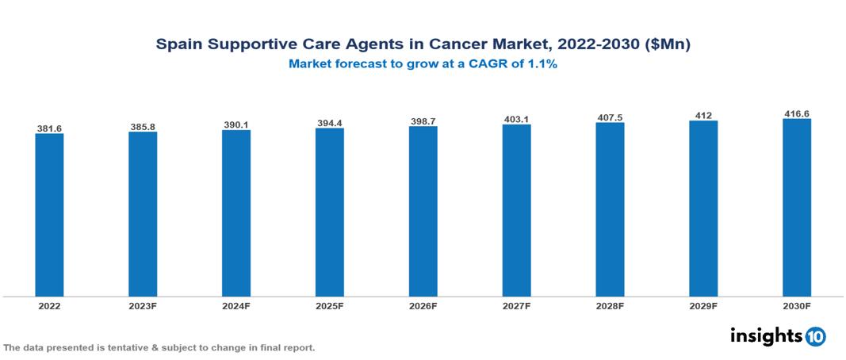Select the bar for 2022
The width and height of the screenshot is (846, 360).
point(49,214)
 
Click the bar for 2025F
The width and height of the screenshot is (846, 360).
point(330,212)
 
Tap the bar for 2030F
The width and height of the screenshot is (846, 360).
point(797,208)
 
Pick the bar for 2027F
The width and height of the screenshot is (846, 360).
point(516,210)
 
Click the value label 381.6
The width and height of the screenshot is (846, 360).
point(49,128)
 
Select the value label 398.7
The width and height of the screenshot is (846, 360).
point(423,121)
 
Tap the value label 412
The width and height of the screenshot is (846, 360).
point(703,115)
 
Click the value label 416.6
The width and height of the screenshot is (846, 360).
point(797,113)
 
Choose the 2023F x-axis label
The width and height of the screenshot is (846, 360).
point(143,305)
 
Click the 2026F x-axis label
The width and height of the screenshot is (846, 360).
point(423,305)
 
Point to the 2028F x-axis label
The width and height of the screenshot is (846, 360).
point(610,305)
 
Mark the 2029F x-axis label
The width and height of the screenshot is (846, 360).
point(703,305)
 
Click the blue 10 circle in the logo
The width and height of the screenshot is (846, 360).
point(815,336)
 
